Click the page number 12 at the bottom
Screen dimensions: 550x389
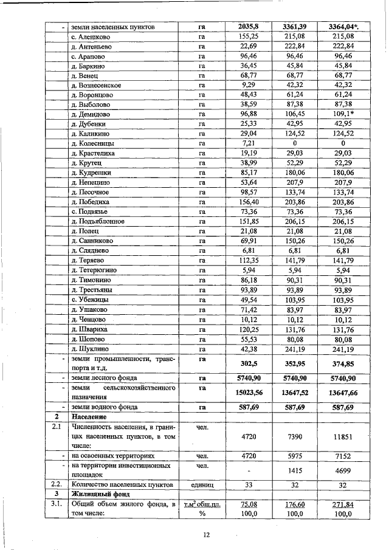(x=206, y=534)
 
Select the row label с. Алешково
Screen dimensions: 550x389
(x=90, y=37)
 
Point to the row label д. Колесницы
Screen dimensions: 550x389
(x=93, y=143)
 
